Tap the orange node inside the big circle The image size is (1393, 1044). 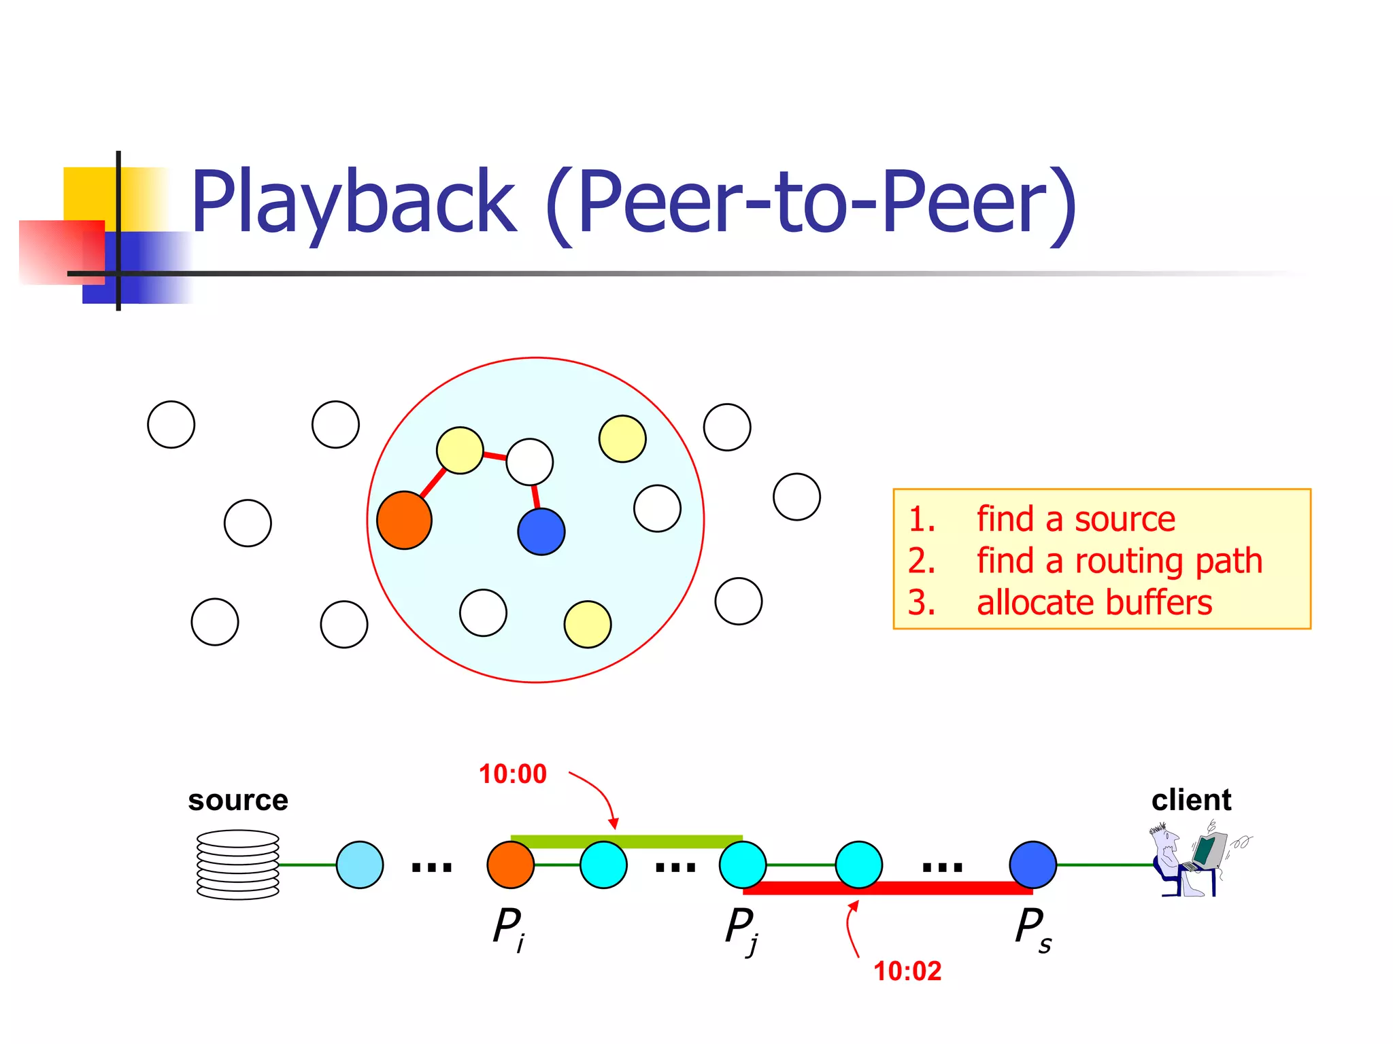point(404,520)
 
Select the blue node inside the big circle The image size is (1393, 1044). point(541,531)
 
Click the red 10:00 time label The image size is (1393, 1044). point(512,774)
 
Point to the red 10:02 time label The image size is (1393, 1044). point(907,971)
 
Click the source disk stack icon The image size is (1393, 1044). point(238,865)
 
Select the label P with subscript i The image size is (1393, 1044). point(509,928)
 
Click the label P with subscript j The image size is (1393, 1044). point(741,929)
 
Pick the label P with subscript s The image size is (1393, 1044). point(1033,928)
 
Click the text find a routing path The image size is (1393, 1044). point(1119,561)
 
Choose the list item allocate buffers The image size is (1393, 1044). point(1094,603)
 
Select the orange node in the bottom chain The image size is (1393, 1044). point(510,865)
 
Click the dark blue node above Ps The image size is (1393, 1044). point(1033,865)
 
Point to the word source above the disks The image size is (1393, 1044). point(238,800)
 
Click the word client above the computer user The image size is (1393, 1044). point(1191,800)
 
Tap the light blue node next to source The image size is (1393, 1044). point(360,865)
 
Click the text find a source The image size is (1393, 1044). point(1075,519)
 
